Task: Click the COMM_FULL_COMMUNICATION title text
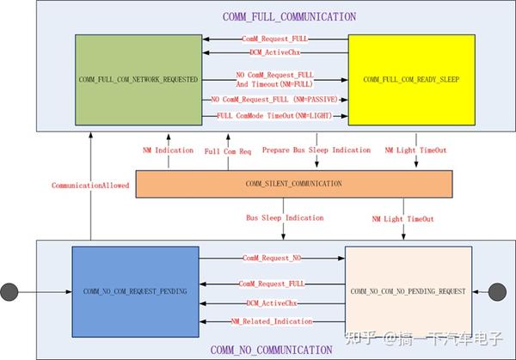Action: click(x=276, y=16)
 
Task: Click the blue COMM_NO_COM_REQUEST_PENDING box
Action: click(x=135, y=290)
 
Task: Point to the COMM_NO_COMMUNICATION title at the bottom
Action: click(x=271, y=350)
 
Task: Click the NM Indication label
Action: click(x=168, y=150)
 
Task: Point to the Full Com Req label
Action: click(x=227, y=150)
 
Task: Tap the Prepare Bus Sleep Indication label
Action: click(x=316, y=150)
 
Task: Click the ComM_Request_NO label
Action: click(x=271, y=258)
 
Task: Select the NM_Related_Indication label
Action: click(x=271, y=320)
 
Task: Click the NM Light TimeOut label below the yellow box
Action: click(x=413, y=150)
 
